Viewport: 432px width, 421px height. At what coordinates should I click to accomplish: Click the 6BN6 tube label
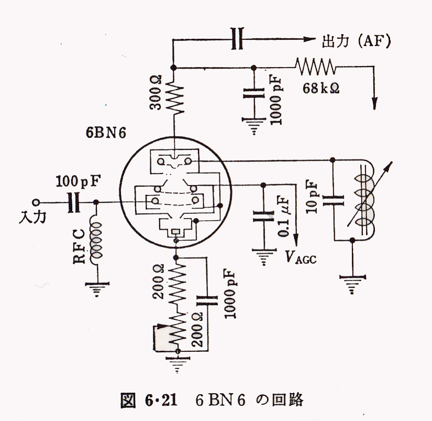[106, 133]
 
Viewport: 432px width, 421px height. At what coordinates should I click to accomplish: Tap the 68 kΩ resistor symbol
[315, 67]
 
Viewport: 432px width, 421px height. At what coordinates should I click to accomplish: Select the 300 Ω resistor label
[156, 93]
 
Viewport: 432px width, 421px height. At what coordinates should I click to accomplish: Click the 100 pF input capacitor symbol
[73, 202]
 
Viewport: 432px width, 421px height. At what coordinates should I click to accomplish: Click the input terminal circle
[36, 203]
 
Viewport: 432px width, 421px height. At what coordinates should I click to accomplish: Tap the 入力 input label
[32, 217]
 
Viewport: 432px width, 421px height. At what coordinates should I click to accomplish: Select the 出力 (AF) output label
[356, 41]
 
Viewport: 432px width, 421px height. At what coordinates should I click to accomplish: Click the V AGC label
[301, 257]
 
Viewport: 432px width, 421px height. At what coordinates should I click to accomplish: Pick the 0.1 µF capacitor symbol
[263, 217]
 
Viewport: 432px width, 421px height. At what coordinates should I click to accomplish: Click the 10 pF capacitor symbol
[333, 201]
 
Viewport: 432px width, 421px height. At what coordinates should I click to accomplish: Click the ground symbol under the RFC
[97, 289]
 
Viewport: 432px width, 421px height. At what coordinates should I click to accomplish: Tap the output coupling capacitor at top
[237, 38]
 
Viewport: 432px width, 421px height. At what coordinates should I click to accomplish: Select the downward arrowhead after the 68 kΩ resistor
[374, 103]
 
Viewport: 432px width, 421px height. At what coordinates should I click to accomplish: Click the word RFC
[80, 246]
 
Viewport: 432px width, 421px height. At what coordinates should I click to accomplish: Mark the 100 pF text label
[78, 181]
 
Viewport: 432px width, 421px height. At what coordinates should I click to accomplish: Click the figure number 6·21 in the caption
[161, 401]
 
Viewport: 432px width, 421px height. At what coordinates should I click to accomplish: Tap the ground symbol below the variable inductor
[352, 284]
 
